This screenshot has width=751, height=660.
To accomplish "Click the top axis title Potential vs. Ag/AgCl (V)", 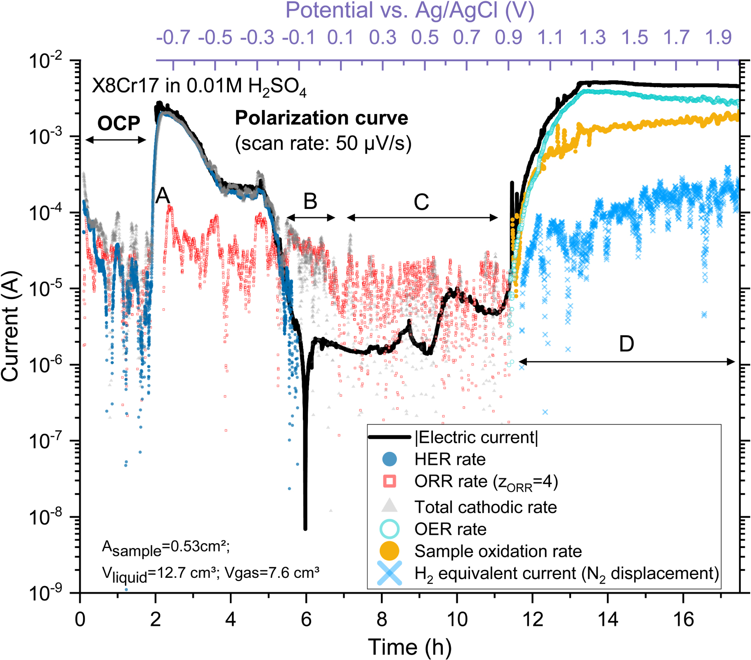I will [410, 11].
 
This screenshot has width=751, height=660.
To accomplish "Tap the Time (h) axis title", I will [410, 646].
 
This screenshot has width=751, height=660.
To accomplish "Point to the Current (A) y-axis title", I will [10, 326].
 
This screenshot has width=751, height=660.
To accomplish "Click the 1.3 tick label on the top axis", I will [592, 38].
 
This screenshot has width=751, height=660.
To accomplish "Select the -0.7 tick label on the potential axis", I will [173, 38].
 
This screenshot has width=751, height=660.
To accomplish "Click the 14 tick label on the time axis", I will [608, 619].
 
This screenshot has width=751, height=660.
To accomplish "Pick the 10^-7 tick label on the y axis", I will [45, 441].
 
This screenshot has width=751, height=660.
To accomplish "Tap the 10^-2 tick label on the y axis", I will [45, 61].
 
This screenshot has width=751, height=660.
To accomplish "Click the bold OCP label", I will [118, 123].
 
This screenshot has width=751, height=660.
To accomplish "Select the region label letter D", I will [626, 344].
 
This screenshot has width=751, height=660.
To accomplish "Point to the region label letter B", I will [310, 202].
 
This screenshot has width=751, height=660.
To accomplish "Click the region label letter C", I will [421, 202].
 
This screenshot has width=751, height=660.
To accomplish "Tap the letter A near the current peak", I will [163, 195].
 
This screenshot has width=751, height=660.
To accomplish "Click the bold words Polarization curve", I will [321, 118].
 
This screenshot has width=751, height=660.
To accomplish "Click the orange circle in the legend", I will [389, 551].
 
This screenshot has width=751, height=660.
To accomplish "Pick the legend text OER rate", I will [450, 529].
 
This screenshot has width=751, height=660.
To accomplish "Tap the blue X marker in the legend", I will [389, 573].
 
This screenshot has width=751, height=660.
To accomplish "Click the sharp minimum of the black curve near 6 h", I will [305, 528].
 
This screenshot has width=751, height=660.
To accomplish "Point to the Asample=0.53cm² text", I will [166, 548].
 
